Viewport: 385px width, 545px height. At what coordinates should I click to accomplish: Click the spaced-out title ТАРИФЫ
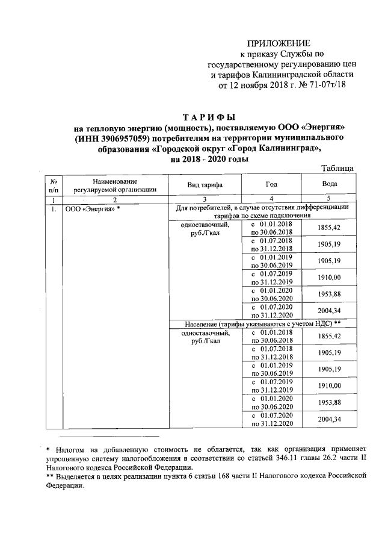pos(209,116)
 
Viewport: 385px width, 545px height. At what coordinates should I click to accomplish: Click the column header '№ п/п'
pos(54,184)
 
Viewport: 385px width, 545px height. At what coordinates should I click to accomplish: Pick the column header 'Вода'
pos(329,184)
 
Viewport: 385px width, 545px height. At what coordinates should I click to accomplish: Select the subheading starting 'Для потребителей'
pos(262,208)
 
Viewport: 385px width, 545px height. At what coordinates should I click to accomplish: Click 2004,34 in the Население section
pos(329,419)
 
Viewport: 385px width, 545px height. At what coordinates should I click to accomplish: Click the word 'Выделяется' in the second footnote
pos(76,476)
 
